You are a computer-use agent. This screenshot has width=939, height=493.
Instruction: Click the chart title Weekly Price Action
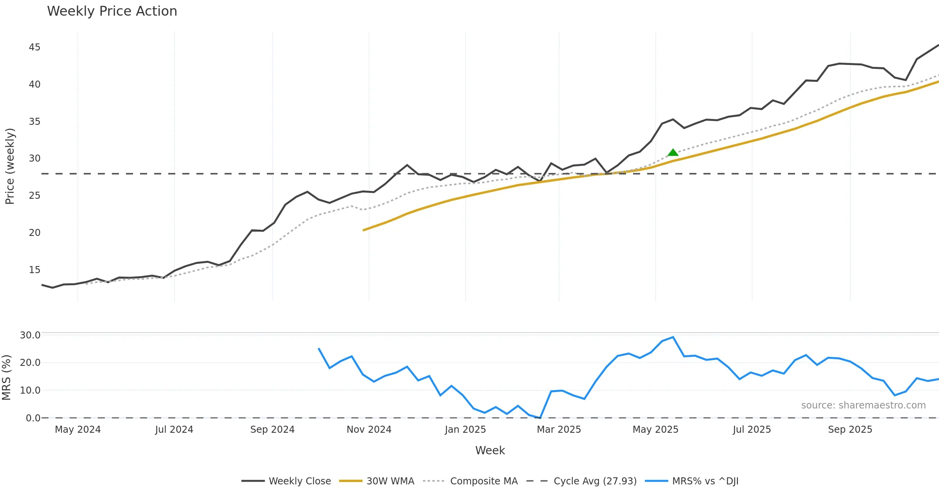(x=112, y=11)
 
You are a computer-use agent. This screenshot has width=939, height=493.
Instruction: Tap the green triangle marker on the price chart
(x=673, y=152)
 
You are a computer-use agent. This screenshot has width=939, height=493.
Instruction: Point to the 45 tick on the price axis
(x=34, y=47)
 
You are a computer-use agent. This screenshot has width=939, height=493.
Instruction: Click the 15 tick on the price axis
(x=34, y=270)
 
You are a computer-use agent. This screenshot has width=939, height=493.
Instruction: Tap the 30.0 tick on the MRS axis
(x=30, y=335)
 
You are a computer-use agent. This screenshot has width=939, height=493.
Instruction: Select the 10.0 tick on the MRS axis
(x=30, y=390)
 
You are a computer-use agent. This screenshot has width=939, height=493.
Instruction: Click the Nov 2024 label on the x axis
(x=369, y=430)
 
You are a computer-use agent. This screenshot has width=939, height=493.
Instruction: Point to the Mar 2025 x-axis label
(x=559, y=430)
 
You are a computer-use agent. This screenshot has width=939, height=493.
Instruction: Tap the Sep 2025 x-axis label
(x=850, y=430)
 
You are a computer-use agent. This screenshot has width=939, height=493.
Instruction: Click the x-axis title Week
(x=490, y=450)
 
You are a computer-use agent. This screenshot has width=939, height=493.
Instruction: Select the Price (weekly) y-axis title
(x=10, y=166)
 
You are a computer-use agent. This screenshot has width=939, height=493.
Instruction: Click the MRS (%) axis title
(x=7, y=377)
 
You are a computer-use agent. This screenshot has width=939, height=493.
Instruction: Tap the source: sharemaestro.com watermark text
(x=863, y=405)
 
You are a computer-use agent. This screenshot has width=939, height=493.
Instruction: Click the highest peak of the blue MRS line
(x=673, y=337)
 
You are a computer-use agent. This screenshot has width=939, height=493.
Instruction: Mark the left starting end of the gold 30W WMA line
(x=363, y=230)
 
